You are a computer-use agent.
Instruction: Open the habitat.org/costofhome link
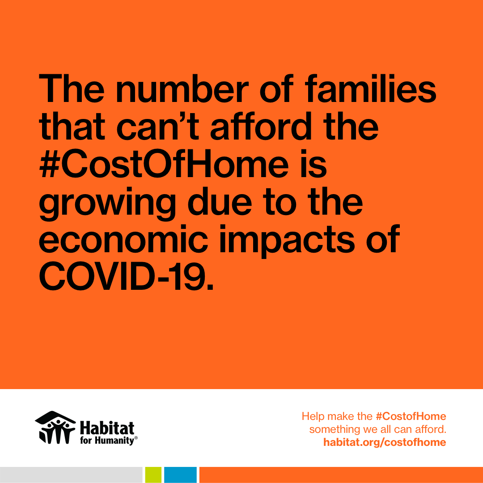pos(384,442)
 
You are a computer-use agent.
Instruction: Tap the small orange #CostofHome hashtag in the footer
pos(411,416)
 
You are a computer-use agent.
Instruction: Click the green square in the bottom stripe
pos(153,475)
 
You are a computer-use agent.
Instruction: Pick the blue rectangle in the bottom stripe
pos(180,475)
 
